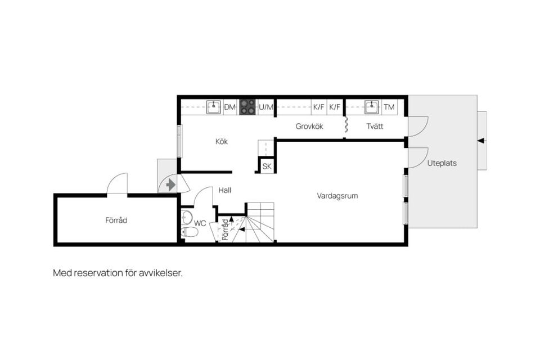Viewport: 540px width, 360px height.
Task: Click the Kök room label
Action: [222, 142]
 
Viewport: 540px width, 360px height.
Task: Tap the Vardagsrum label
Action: [337, 196]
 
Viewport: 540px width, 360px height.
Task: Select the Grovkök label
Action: [309, 127]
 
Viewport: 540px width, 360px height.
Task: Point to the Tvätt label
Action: [375, 127]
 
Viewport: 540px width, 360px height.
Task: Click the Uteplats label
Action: [442, 163]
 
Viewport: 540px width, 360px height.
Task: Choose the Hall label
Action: [224, 190]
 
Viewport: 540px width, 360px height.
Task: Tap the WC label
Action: [200, 223]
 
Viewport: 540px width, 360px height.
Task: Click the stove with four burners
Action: [247, 107]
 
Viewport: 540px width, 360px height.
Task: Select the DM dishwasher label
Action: [229, 107]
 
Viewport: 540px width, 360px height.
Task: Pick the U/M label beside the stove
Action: [266, 107]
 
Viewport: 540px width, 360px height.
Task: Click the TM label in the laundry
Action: [389, 107]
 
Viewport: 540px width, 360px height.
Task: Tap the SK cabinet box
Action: [267, 166]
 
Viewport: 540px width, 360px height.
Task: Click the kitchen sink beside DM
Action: [214, 107]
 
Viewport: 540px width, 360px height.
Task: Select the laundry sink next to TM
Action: [372, 107]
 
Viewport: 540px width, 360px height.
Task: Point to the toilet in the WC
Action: [189, 232]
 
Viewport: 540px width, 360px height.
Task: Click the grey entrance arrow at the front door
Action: [171, 185]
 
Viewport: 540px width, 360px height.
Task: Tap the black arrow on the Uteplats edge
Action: [481, 141]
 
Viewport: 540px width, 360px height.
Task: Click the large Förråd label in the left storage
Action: [116, 220]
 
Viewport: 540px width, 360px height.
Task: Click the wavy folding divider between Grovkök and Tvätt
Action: [346, 124]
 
